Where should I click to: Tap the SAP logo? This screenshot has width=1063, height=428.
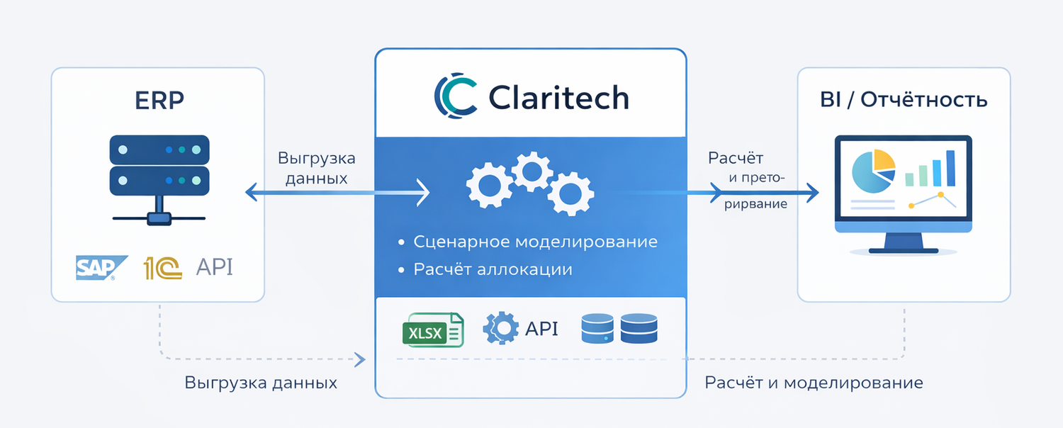pyautogui.click(x=100, y=268)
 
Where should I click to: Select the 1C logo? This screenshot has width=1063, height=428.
pyautogui.click(x=162, y=268)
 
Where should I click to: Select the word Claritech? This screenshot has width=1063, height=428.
pyautogui.click(x=558, y=97)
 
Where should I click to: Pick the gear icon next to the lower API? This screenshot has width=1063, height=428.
pyautogui.click(x=500, y=329)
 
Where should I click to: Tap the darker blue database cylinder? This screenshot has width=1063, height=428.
pyautogui.click(x=639, y=329)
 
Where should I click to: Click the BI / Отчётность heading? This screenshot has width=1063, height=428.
pyautogui.click(x=904, y=100)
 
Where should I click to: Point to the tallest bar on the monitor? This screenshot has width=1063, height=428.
pyautogui.click(x=950, y=168)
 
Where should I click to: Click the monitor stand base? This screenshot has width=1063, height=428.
pyautogui.click(x=903, y=249)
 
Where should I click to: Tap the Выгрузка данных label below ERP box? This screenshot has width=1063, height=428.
pyautogui.click(x=261, y=383)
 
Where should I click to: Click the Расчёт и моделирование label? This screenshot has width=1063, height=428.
pyautogui.click(x=814, y=383)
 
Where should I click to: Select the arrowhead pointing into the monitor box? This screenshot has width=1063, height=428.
pyautogui.click(x=812, y=192)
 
